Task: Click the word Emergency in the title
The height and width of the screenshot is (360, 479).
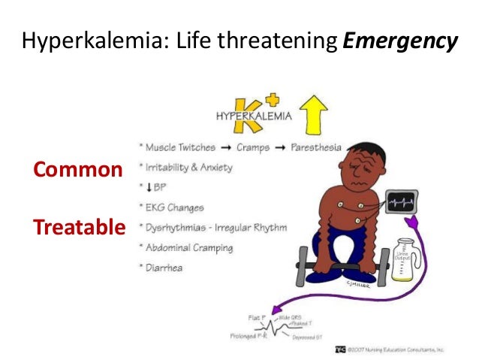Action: click(x=399, y=41)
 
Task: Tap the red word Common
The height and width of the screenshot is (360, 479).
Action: click(x=77, y=169)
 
